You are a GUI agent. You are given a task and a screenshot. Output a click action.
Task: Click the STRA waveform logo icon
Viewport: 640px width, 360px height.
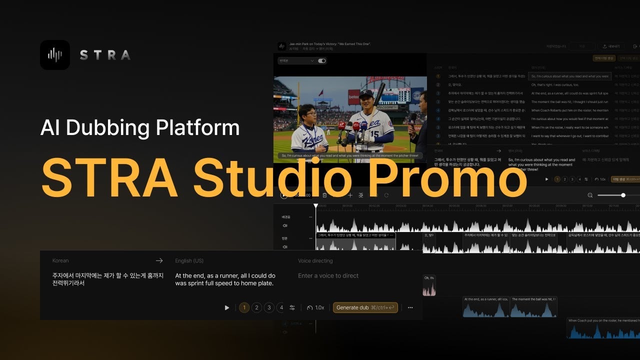point(55,54)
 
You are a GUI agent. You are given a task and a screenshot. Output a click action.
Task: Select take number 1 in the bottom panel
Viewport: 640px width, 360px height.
point(244,307)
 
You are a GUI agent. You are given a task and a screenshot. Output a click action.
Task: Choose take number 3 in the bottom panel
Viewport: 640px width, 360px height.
point(269,307)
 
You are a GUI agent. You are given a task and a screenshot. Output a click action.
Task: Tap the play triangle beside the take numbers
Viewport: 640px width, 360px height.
point(227,307)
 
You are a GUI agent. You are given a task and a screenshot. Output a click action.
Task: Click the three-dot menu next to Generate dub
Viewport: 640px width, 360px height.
point(410,307)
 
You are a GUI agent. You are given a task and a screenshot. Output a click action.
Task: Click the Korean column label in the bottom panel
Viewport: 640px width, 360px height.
point(60,260)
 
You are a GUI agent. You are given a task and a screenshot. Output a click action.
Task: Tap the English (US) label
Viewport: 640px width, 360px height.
point(189,260)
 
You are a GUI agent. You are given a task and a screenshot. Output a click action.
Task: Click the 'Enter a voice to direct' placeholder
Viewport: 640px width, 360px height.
point(328,275)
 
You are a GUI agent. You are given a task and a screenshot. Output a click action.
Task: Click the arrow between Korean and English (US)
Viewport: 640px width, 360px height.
point(159,260)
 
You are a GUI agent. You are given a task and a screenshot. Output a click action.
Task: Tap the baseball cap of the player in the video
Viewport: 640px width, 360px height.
point(366,93)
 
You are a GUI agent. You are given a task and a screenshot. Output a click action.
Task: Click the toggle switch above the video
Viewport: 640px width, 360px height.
point(322,61)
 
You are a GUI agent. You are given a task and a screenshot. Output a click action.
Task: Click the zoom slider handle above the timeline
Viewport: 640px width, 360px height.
point(623,195)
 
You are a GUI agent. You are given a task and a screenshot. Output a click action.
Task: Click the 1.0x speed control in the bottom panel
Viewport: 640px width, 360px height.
point(316,307)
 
